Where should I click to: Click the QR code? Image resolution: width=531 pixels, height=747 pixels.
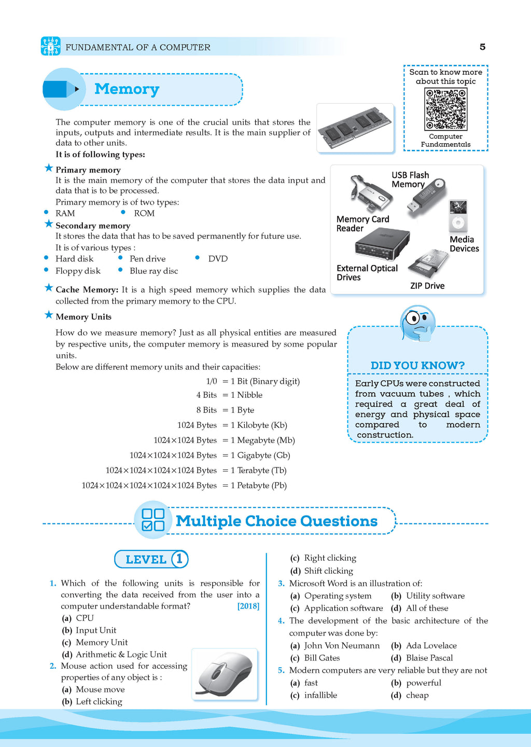[x=445, y=109]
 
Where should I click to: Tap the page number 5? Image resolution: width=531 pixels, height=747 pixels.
[x=482, y=47]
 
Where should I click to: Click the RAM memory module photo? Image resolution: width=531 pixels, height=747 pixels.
[x=355, y=128]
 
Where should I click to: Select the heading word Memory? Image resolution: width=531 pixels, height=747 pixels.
[x=127, y=89]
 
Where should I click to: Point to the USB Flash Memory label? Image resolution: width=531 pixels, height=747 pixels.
[x=410, y=179]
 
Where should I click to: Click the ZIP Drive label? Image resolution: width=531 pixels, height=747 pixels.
[x=427, y=286]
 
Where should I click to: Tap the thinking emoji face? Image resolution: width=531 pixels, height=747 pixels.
[x=417, y=323]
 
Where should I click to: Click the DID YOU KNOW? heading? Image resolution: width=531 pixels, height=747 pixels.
[x=417, y=365]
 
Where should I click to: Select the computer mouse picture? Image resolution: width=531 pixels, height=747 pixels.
[x=225, y=674]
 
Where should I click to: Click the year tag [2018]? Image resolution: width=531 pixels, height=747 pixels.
[x=248, y=606]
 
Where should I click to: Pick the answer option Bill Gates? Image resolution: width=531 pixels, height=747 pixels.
[x=322, y=658]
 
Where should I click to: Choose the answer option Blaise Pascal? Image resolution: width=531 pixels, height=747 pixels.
[x=429, y=658]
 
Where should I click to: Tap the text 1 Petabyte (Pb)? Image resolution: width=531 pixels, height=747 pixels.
[x=259, y=486]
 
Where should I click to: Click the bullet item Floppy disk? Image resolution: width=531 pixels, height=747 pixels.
[x=78, y=271]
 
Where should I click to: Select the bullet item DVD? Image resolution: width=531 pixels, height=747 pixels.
[x=218, y=259]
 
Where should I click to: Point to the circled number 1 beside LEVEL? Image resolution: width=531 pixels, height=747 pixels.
[x=179, y=559]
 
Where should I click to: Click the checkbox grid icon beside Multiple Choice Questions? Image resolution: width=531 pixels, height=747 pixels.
[x=153, y=519]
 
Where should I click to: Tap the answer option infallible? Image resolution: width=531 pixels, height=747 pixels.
[x=320, y=695]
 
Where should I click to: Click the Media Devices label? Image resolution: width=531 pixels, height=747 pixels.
[x=464, y=244]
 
